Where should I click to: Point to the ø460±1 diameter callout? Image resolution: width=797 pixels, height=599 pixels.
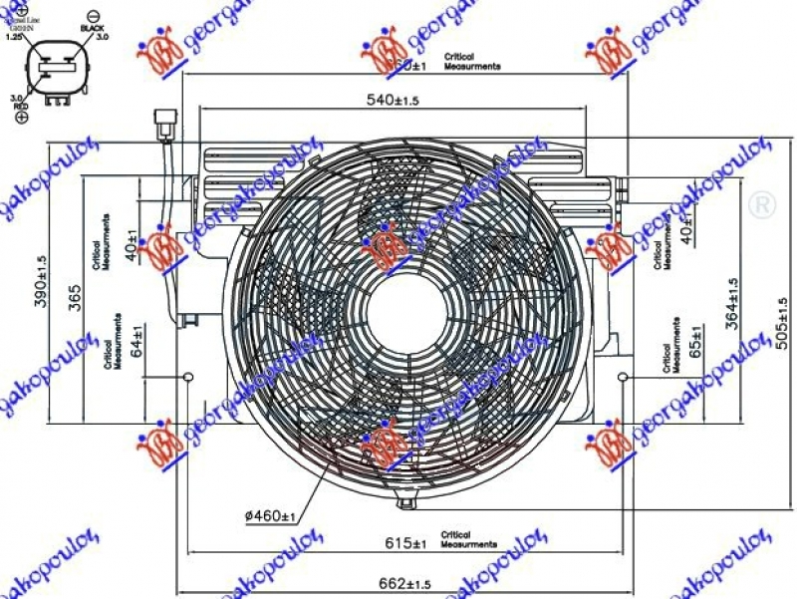tap(270, 516)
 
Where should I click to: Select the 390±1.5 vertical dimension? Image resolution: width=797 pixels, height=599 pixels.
tap(41, 282)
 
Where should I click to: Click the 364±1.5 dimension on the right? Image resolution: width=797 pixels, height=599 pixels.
tap(731, 304)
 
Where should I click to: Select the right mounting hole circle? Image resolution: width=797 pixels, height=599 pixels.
tap(623, 378)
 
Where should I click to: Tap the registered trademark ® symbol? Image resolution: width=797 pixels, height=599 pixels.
tap(761, 205)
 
